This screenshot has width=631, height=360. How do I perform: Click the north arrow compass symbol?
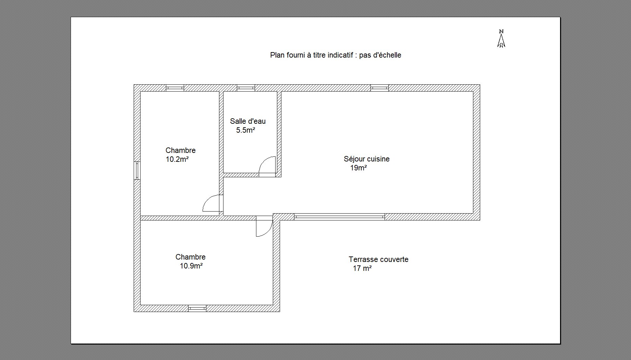point(501,38)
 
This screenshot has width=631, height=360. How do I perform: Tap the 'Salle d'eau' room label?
point(248,121)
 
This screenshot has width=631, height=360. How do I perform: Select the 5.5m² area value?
point(246,130)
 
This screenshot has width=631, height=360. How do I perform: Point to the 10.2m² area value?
point(177,159)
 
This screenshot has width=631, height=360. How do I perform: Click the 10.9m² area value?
point(191,266)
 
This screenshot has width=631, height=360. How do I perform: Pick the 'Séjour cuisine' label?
point(367,159)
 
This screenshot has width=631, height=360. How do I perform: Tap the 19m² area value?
point(359,168)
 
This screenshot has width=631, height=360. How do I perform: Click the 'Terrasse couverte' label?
point(379,260)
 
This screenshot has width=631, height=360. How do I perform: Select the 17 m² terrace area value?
point(362,268)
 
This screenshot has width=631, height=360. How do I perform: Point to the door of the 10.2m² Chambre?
point(213,203)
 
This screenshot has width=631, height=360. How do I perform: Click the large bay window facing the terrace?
point(339,216)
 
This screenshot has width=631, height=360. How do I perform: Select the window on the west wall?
point(137,170)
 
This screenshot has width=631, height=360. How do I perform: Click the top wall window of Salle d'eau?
point(246,88)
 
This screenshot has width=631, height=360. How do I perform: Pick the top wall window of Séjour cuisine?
point(379,88)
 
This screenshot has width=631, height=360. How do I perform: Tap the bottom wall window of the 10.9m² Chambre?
point(197,308)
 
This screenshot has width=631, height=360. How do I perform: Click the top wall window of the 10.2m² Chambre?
point(175,88)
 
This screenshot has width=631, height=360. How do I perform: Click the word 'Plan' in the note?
point(277,55)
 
